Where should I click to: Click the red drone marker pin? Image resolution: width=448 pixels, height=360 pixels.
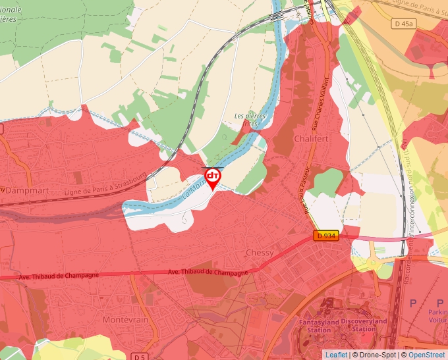pyautogui.click(x=213, y=178)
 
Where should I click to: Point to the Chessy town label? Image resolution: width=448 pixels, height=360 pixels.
pyautogui.click(x=259, y=253)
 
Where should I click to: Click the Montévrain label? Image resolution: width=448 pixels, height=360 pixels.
pyautogui.click(x=125, y=319)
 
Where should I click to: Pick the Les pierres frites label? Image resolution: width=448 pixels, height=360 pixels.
pyautogui.click(x=250, y=120)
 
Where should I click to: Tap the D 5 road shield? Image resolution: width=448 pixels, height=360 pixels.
pyautogui.click(x=138, y=357)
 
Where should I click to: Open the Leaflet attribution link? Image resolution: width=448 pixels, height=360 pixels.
pyautogui.click(x=336, y=355)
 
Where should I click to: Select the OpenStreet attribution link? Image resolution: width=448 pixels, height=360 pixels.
pyautogui.click(x=427, y=355)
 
